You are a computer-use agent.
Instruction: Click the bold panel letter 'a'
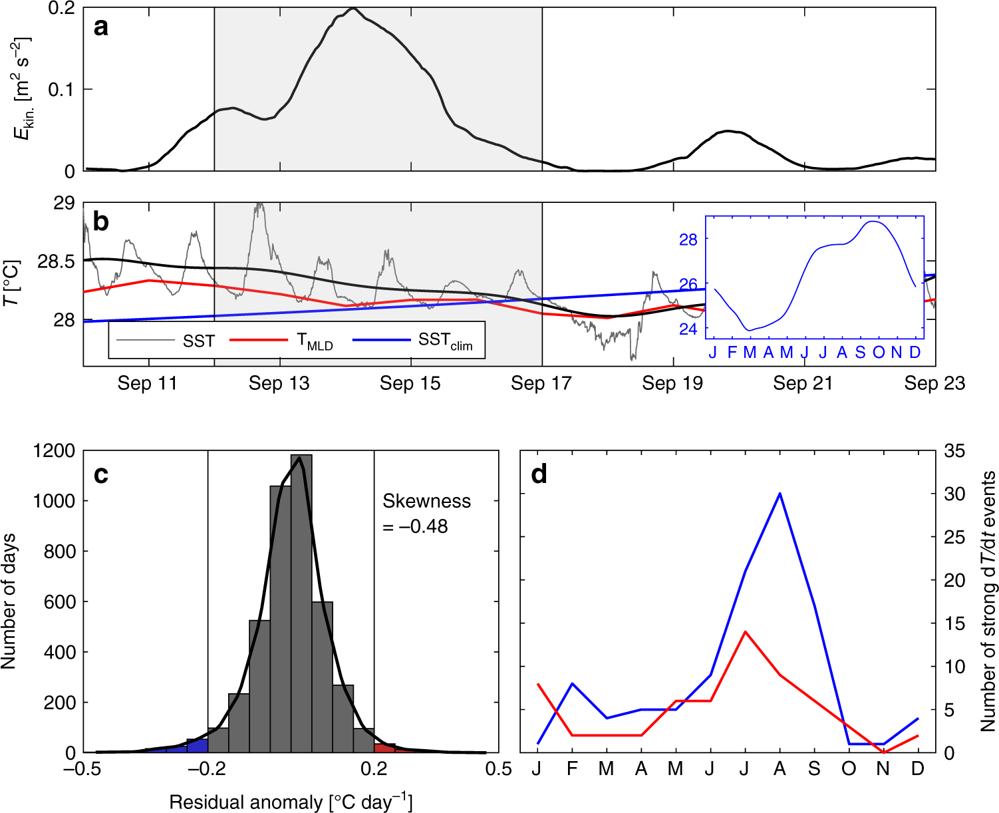(x=100, y=27)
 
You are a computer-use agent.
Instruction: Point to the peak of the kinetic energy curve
(x=353, y=9)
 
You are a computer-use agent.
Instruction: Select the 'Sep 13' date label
(x=279, y=383)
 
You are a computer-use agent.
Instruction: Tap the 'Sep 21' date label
(x=803, y=383)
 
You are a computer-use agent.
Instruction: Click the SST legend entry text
(x=199, y=341)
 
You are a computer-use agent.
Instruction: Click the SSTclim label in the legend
(x=445, y=341)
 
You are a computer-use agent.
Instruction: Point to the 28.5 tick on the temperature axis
(x=56, y=261)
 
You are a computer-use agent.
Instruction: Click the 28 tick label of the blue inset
(x=688, y=240)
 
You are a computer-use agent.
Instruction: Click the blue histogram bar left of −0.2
(x=197, y=746)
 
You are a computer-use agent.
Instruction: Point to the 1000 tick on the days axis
(x=54, y=501)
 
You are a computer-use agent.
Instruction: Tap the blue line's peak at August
(x=780, y=494)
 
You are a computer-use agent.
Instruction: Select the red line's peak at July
(x=745, y=631)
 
